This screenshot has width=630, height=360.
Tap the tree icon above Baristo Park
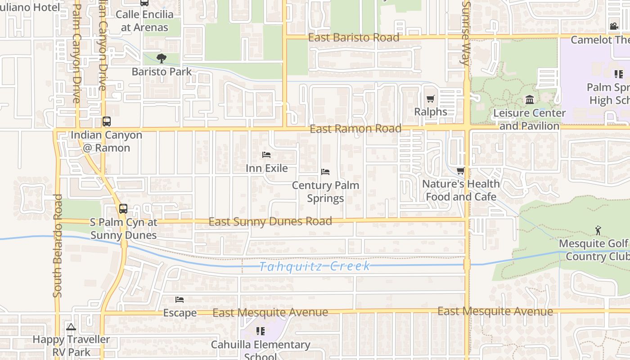[161, 58]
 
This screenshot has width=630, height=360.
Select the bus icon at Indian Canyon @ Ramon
[107, 121]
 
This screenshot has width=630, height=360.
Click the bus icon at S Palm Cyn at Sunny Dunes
[123, 209]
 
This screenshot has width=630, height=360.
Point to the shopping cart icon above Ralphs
[431, 99]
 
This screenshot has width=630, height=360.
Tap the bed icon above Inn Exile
[266, 155]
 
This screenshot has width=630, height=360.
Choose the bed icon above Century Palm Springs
[325, 172]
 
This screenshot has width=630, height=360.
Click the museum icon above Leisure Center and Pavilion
[530, 99]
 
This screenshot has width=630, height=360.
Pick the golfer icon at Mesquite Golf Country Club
[598, 230]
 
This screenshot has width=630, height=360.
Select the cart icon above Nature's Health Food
[460, 171]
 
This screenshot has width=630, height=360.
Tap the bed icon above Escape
[180, 300]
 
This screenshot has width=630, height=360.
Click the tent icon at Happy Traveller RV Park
[71, 327]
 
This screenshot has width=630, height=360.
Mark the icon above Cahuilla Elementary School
[260, 331]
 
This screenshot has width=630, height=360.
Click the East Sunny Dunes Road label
[270, 221]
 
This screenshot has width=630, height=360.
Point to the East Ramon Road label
[355, 129]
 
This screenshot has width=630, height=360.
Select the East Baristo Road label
[354, 38]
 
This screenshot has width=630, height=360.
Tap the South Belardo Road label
[57, 245]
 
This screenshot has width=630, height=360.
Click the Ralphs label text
[431, 112]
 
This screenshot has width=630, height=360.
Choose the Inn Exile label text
[266, 168]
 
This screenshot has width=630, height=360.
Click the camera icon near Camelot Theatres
[614, 27]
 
